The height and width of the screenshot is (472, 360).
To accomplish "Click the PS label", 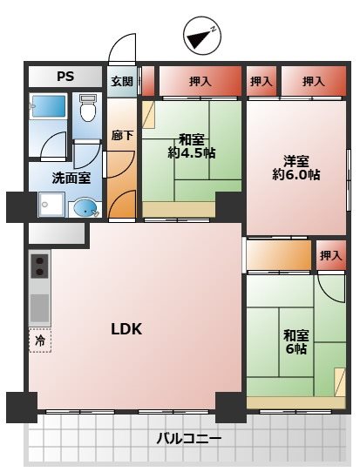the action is [x=65, y=76].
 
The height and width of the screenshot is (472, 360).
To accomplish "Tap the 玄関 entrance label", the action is [x=122, y=81].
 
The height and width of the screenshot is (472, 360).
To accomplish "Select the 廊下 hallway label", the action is [x=122, y=135].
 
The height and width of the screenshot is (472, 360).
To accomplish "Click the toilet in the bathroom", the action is [x=88, y=108].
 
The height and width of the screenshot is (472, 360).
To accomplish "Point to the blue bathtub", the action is [x=49, y=106].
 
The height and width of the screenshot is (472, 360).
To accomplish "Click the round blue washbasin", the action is [x=85, y=207].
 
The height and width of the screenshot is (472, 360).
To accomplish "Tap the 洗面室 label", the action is [x=71, y=179].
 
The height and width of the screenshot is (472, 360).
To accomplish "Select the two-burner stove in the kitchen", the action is [x=39, y=266].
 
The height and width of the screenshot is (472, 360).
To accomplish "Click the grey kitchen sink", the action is [x=40, y=308].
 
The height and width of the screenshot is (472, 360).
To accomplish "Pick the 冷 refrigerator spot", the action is [x=40, y=341].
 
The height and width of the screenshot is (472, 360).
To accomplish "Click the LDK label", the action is [x=126, y=328].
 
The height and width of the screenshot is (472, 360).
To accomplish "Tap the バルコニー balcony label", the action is [x=188, y=439].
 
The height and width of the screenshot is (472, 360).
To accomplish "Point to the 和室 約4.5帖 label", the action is [x=192, y=146].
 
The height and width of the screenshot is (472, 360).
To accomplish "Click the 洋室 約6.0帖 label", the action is [x=296, y=168].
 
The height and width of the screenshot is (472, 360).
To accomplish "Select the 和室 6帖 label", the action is [x=296, y=342].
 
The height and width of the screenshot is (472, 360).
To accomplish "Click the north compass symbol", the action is [x=202, y=36].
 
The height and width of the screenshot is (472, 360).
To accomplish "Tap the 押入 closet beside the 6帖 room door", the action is [x=330, y=255].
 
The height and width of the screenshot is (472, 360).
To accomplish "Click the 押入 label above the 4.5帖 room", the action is [x=200, y=81].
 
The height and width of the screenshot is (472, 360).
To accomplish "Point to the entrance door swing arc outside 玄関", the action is [x=122, y=49].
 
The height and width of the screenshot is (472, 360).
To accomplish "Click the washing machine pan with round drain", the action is [x=51, y=205].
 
